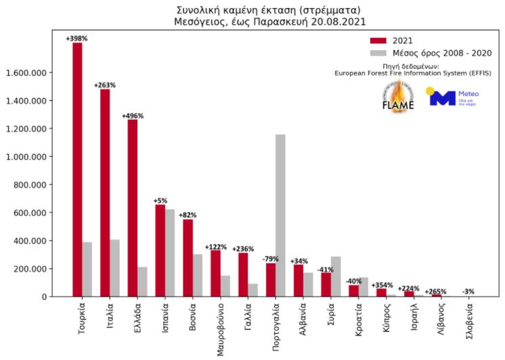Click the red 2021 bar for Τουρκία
pos(77,169)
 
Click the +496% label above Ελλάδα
pos(133,116)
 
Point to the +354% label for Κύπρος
pos(382,285)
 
